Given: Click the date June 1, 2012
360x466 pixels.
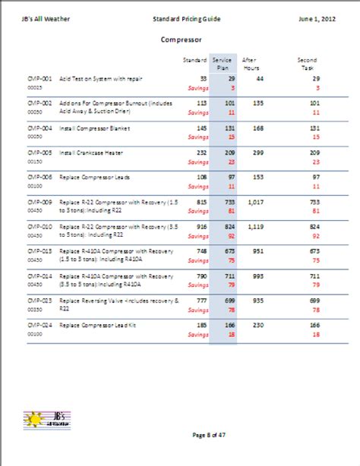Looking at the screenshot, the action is coord(316,16).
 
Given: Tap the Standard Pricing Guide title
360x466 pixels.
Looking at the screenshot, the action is coord(185,16).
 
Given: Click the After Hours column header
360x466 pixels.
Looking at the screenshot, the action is coord(250,63).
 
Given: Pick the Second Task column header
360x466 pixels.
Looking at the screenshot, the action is coord(308,63).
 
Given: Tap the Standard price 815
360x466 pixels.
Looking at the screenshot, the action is coord(201,202).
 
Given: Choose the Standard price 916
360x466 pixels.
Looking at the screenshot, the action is coord(201,226).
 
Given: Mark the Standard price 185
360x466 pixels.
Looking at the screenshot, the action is coord(201,324).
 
